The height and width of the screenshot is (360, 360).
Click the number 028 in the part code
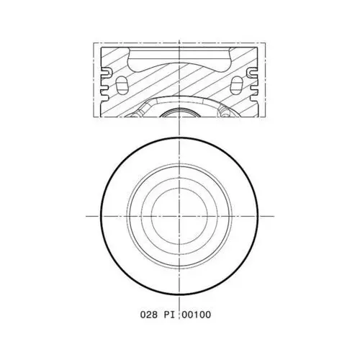[x=149, y=315]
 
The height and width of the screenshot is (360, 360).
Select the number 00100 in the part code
[x=197, y=315]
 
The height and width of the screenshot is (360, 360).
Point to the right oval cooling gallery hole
[x=237, y=85]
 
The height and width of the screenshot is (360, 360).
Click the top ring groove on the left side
[x=107, y=73]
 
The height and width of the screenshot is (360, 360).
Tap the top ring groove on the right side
[x=252, y=73]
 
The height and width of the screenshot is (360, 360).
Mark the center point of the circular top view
[x=179, y=216]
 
